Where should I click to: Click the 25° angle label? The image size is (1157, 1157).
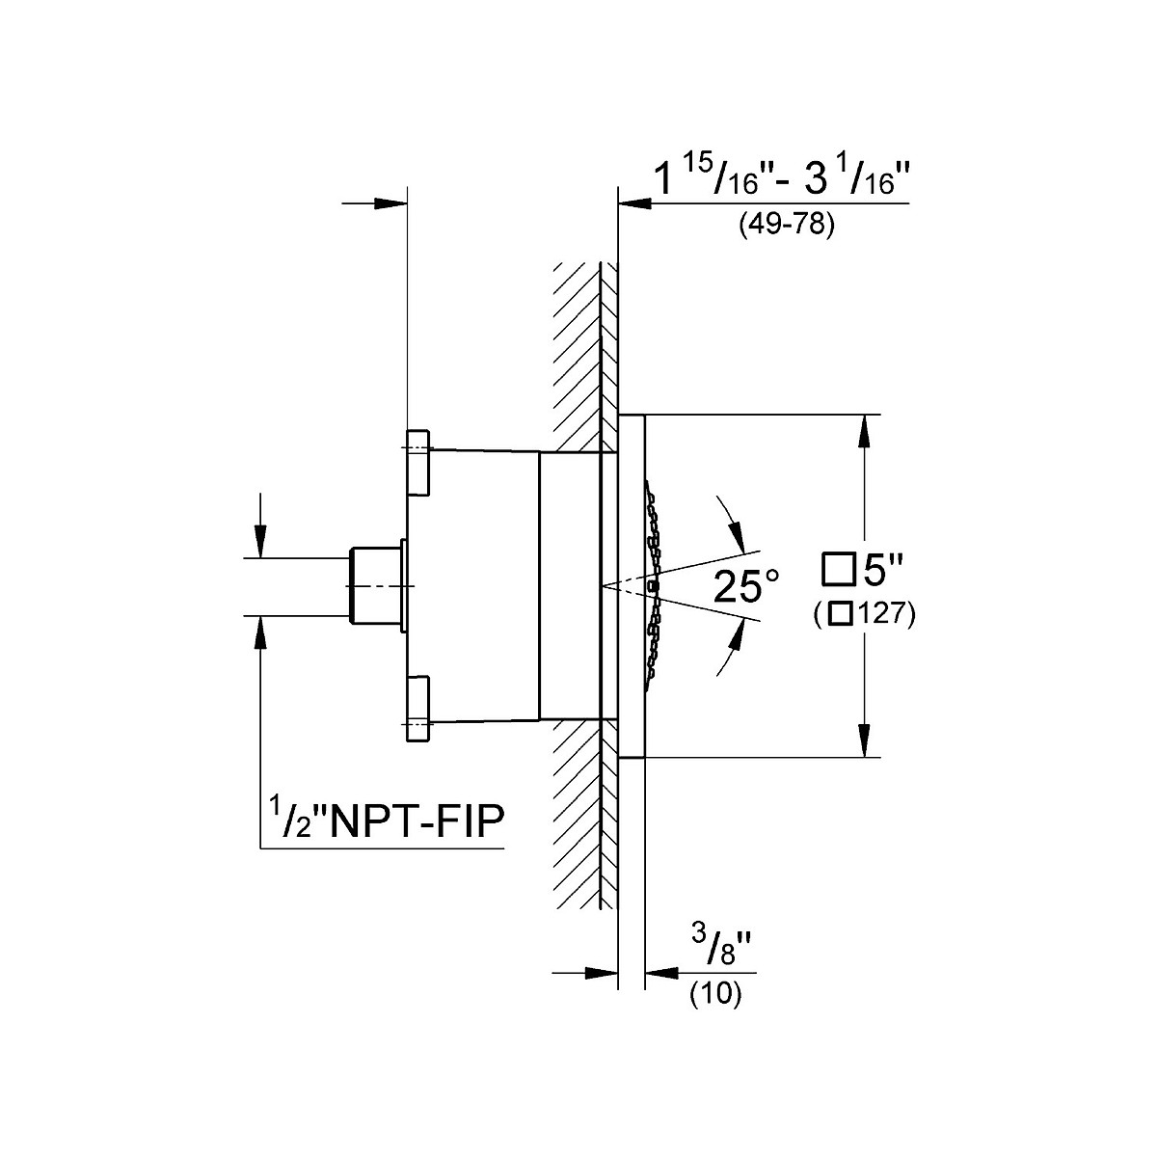pyautogui.click(x=745, y=586)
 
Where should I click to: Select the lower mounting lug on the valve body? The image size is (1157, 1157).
pyautogui.click(x=419, y=709)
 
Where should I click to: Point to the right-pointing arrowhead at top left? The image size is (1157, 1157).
pyautogui.click(x=390, y=202)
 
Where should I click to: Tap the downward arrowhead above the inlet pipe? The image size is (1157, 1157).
pyautogui.click(x=259, y=541)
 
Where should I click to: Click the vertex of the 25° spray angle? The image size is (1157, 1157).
pyautogui.click(x=602, y=586)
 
